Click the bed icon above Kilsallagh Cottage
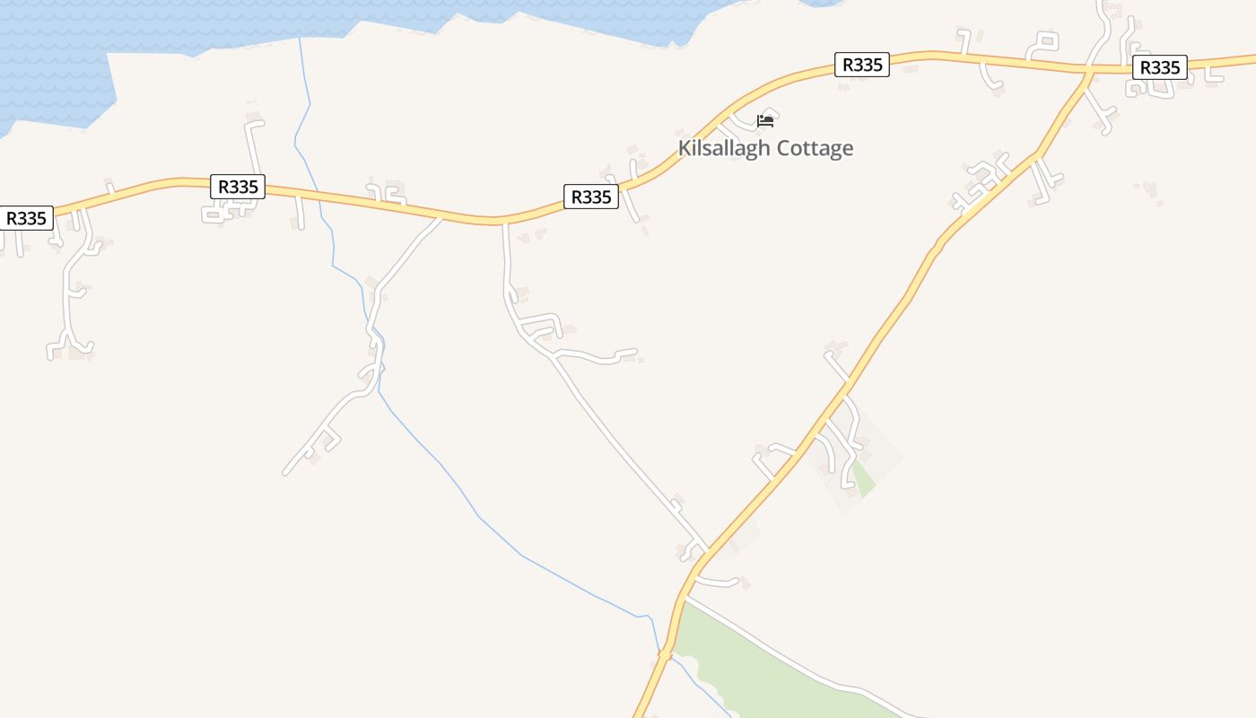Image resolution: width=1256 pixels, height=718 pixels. (765, 121)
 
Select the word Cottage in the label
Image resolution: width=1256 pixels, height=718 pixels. (816, 148)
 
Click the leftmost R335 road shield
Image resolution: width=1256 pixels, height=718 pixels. (26, 218)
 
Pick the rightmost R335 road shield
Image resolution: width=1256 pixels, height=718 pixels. (1159, 67)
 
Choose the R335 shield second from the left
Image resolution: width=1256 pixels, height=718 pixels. (238, 187)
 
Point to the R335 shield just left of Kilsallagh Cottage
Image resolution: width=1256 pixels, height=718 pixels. (591, 197)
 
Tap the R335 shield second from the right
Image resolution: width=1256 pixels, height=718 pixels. (861, 65)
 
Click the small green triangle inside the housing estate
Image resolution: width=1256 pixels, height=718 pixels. (862, 478)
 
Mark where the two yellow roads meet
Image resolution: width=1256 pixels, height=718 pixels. (1089, 68)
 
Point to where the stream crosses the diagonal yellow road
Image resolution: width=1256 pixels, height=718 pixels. (664, 655)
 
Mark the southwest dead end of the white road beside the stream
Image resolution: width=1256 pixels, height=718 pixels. (286, 472)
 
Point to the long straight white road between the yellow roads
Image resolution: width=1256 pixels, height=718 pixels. (619, 440)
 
